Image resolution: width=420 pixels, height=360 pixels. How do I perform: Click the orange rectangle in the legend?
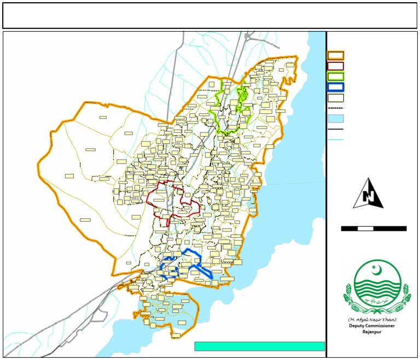[x=335, y=55]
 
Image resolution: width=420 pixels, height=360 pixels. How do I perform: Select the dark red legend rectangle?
[x=335, y=66]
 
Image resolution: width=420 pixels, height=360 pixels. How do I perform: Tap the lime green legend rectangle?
[x=335, y=77]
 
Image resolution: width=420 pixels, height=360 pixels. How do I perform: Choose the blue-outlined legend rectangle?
[x=335, y=87]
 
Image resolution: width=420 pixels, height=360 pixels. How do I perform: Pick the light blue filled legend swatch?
[x=335, y=119]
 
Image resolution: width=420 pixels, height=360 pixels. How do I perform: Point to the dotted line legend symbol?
[x=335, y=109]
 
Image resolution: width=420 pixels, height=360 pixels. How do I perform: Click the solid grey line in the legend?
[x=335, y=130]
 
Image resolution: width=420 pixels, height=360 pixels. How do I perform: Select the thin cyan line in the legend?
[x=335, y=140]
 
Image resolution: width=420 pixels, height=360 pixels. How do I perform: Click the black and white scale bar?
[x=374, y=228]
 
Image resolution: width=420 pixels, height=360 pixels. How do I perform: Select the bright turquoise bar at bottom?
[x=259, y=346]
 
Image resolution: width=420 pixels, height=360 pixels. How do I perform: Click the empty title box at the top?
[x=209, y=15]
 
